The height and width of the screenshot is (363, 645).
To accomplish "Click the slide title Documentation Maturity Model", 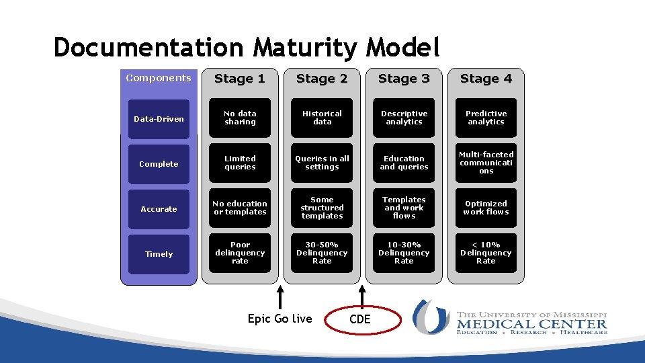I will pyautogui.click(x=247, y=48).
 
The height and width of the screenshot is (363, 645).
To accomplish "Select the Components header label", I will pyautogui.click(x=159, y=78).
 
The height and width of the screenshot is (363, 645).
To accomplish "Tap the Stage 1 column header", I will pyautogui.click(x=240, y=79).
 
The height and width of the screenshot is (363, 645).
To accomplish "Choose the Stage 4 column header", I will pyautogui.click(x=486, y=79).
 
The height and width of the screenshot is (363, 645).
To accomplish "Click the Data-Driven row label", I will pyautogui.click(x=159, y=119).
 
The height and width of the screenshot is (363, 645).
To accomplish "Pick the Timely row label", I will pyautogui.click(x=159, y=254).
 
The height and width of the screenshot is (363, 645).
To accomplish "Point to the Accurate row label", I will pyautogui.click(x=159, y=209).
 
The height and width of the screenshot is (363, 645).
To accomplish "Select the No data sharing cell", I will pyautogui.click(x=240, y=118).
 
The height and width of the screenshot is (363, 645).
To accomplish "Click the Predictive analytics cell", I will pyautogui.click(x=486, y=118).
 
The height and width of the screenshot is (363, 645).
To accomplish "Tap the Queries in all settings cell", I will pyautogui.click(x=322, y=163).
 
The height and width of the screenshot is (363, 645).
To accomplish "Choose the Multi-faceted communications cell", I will pyautogui.click(x=486, y=163).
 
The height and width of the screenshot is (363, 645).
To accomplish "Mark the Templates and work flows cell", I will pyautogui.click(x=404, y=208).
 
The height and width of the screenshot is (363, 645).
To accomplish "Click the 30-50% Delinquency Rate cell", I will pyautogui.click(x=322, y=253).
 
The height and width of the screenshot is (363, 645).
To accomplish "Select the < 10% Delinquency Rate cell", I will pyautogui.click(x=486, y=253).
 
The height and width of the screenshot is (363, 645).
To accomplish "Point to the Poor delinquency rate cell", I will pyautogui.click(x=240, y=253).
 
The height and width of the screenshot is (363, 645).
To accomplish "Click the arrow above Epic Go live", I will pyautogui.click(x=280, y=296).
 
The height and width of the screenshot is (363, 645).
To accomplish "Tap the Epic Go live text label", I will pyautogui.click(x=280, y=319).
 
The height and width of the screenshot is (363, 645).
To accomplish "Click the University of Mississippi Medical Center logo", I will pyautogui.click(x=511, y=317).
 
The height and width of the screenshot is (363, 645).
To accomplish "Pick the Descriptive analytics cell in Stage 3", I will pyautogui.click(x=404, y=118).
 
